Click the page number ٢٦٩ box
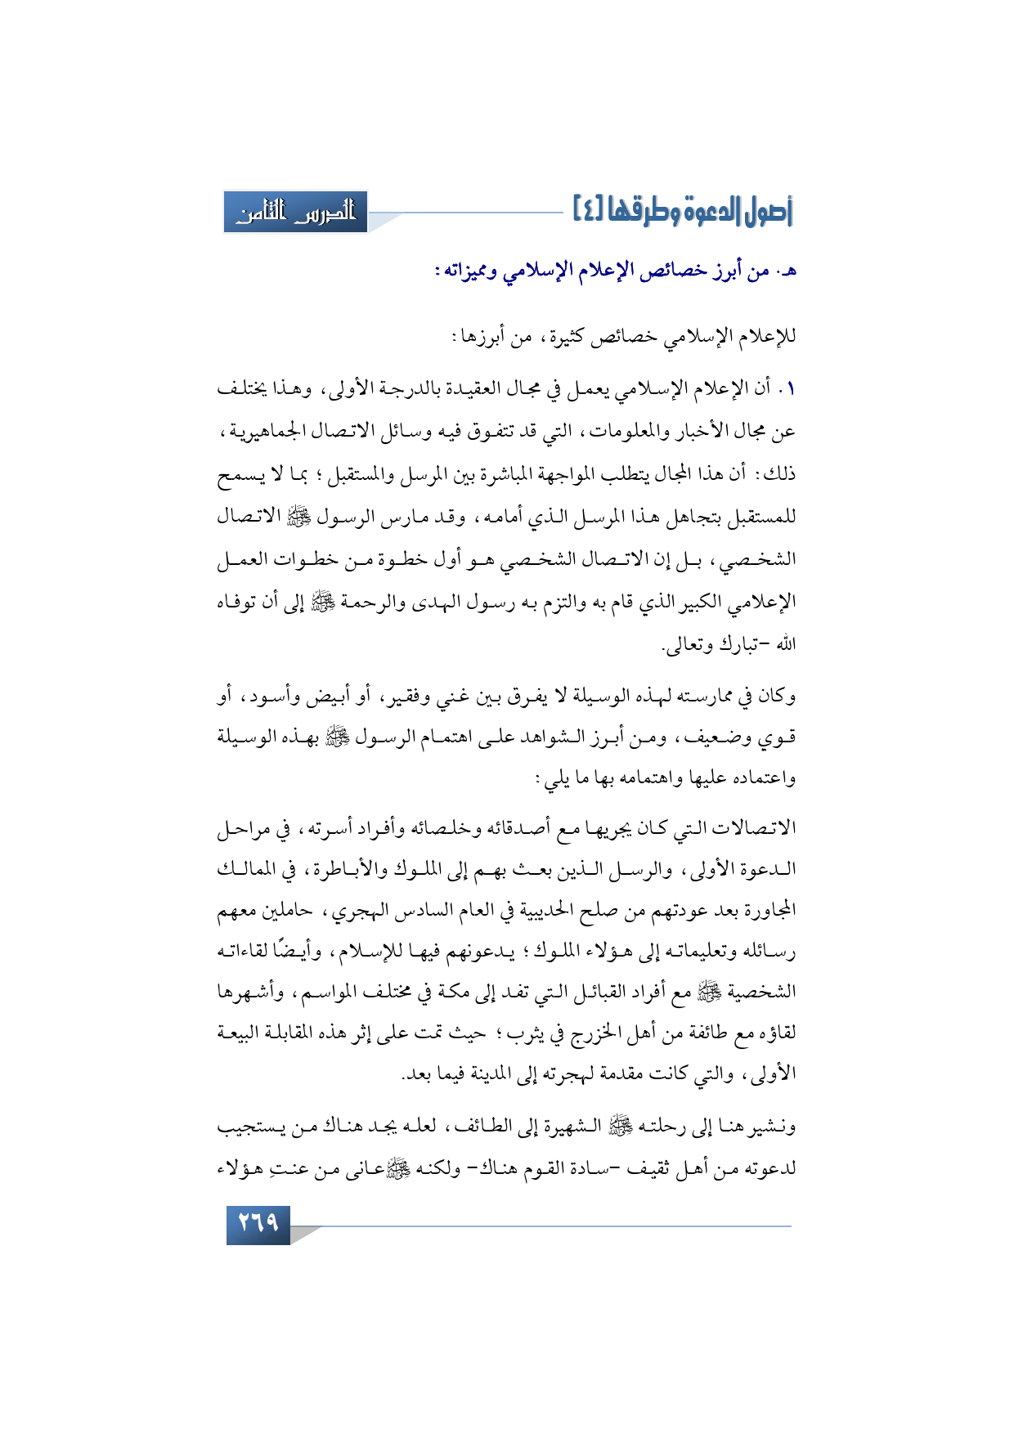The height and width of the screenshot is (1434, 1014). (258, 1224)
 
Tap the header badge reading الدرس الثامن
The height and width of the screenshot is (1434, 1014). (296, 213)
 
